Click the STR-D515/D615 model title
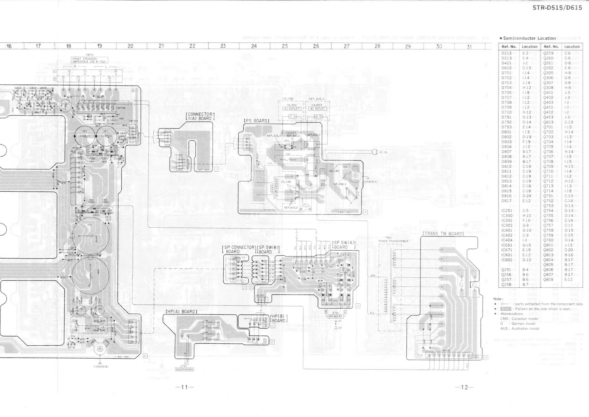[557, 8]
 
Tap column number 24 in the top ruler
[254, 46]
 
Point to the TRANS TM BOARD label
[443, 234]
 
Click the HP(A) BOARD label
[181, 312]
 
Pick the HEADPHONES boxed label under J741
[184, 369]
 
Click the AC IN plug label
[383, 152]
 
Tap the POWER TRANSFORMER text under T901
[393, 241]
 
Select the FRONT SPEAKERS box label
[89, 60]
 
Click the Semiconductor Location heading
[529, 38]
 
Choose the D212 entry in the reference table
[506, 53]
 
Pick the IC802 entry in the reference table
[507, 260]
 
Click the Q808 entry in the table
[548, 279]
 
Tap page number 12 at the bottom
[465, 387]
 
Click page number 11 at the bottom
[185, 387]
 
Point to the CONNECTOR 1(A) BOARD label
[200, 116]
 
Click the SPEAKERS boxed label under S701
[335, 317]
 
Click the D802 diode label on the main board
[96, 215]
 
